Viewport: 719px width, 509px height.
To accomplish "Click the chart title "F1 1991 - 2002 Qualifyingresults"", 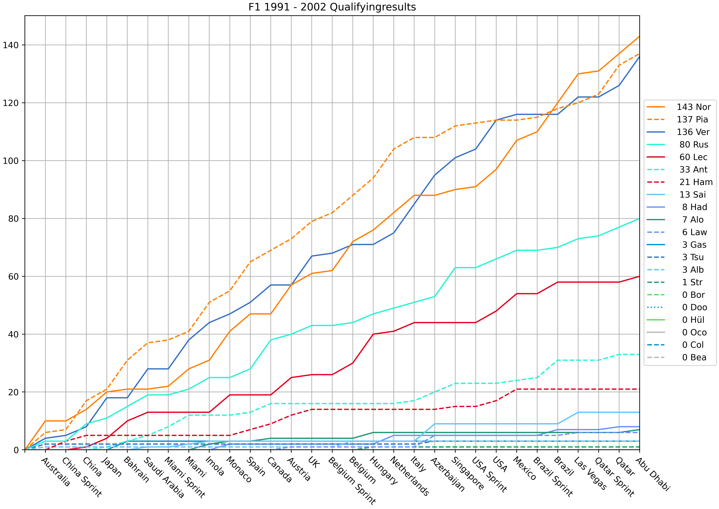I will (x=332, y=7).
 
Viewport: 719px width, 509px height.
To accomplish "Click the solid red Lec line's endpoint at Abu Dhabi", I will (x=639, y=276).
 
